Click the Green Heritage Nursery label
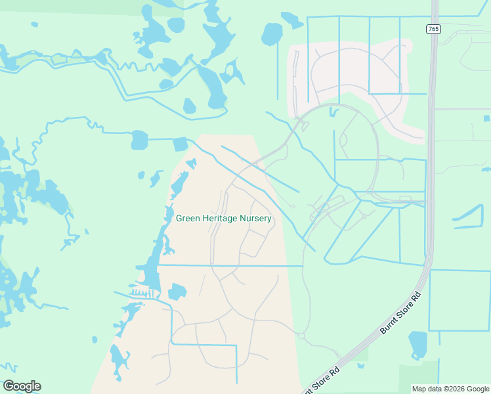point(224,219)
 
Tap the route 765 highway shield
point(433,29)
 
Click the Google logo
point(22,386)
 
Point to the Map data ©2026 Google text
point(450,389)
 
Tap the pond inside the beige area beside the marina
point(177,292)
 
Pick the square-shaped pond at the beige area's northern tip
point(180,144)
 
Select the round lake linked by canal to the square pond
point(139,140)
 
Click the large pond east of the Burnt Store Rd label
point(418,344)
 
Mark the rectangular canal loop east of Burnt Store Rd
point(459,300)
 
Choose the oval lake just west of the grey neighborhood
point(272,33)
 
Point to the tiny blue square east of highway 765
point(486,118)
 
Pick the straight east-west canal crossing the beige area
point(230,265)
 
